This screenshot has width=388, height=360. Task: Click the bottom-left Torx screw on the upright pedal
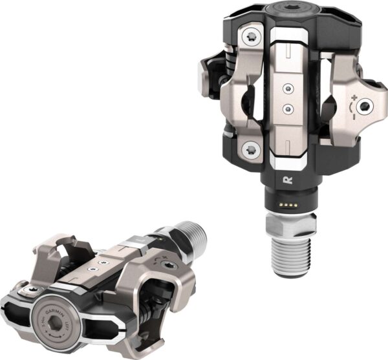click(x=250, y=151)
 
